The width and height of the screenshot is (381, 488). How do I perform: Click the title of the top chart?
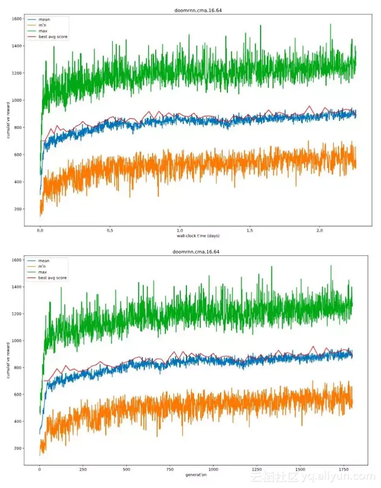tap(197, 11)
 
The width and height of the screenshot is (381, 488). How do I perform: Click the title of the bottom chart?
tap(197, 252)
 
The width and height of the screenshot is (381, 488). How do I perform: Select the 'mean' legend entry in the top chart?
tap(44, 19)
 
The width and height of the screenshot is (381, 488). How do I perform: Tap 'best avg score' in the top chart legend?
tap(53, 36)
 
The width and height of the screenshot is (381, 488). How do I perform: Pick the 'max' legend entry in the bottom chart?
tap(43, 272)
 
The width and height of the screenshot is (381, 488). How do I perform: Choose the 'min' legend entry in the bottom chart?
tap(43, 267)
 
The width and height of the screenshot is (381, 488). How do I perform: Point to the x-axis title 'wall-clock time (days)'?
tap(198, 236)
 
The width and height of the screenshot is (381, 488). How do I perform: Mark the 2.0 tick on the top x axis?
tap(320, 231)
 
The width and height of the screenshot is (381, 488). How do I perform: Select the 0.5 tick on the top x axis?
tap(110, 231)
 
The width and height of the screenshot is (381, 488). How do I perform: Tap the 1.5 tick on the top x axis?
tap(250, 231)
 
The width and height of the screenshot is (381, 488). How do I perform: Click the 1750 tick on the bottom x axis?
tap(344, 470)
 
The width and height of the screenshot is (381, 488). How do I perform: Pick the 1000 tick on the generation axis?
tap(214, 470)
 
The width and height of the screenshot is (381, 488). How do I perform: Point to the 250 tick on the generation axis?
tap(83, 470)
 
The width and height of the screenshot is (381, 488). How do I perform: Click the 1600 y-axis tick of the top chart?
tap(16, 19)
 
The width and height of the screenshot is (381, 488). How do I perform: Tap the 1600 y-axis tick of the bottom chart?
tap(16, 260)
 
